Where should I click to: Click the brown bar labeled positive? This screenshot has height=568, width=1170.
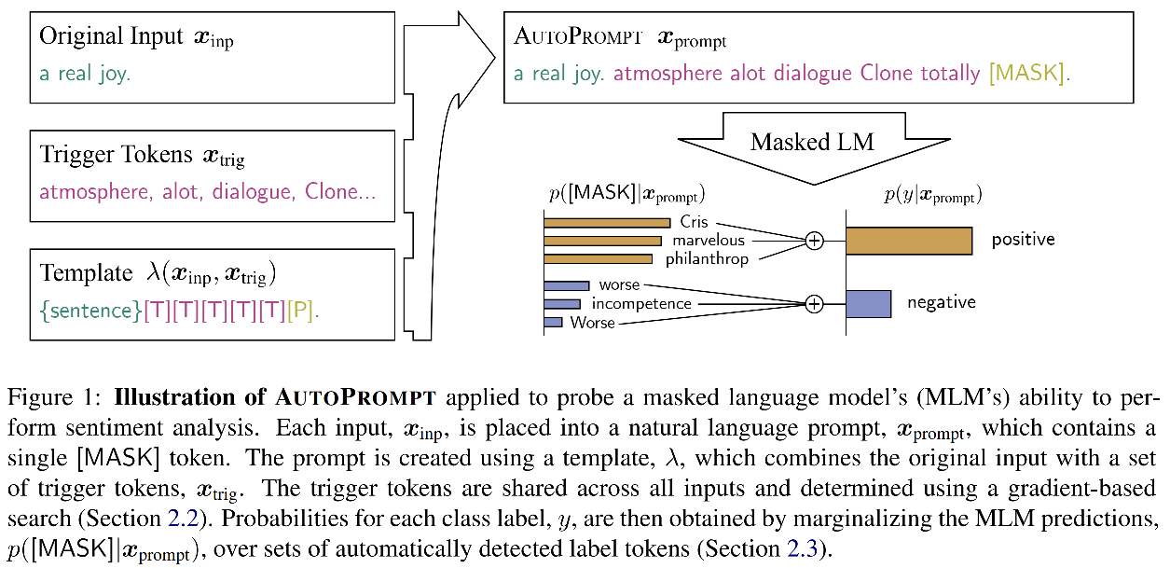(908, 241)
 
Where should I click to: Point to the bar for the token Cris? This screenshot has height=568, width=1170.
(607, 223)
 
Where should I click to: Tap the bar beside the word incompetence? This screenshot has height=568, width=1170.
(562, 304)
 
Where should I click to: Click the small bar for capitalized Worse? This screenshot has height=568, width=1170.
(553, 322)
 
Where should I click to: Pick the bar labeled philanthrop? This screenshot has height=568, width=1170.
(598, 258)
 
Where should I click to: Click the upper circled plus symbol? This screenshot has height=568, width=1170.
(815, 241)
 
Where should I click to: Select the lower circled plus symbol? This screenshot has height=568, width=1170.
(815, 304)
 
